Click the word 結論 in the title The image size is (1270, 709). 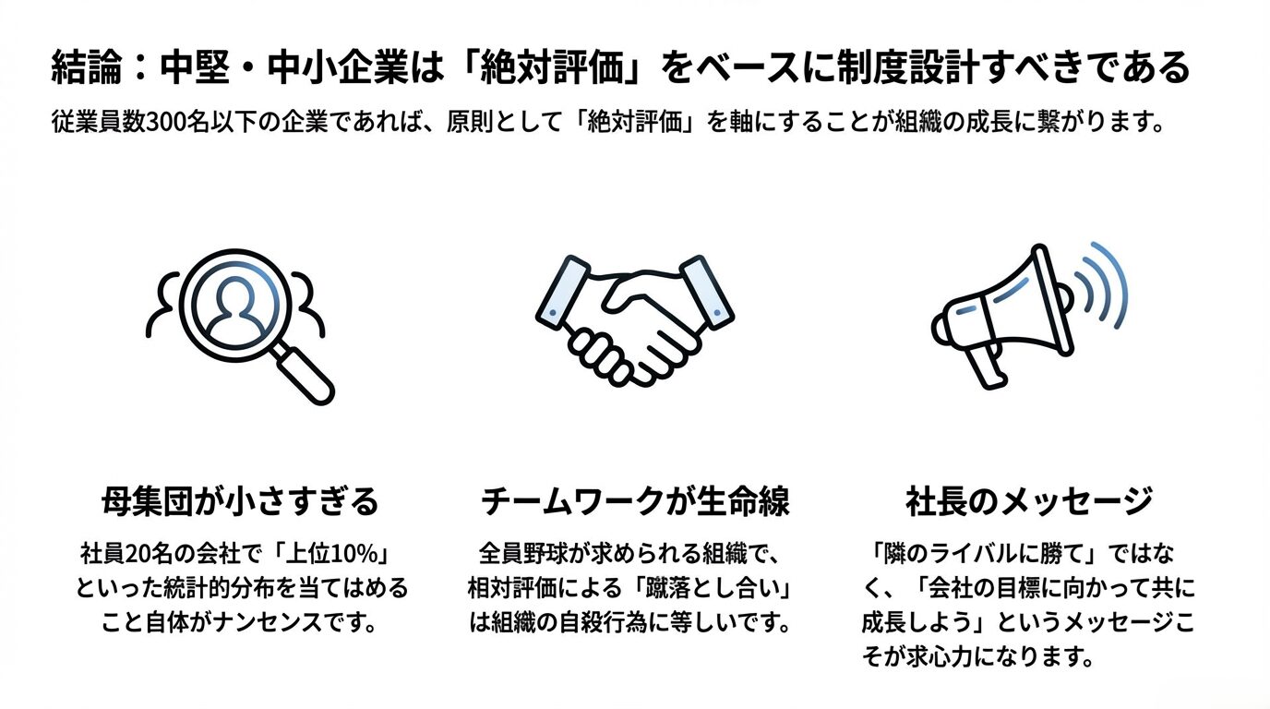pos(87,67)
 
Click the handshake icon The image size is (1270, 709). pos(635,321)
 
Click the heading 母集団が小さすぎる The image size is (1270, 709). pos(240,501)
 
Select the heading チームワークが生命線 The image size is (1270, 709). pos(635,501)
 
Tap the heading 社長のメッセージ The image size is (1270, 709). pos(1029,501)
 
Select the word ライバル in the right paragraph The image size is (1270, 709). pos(975,554)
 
